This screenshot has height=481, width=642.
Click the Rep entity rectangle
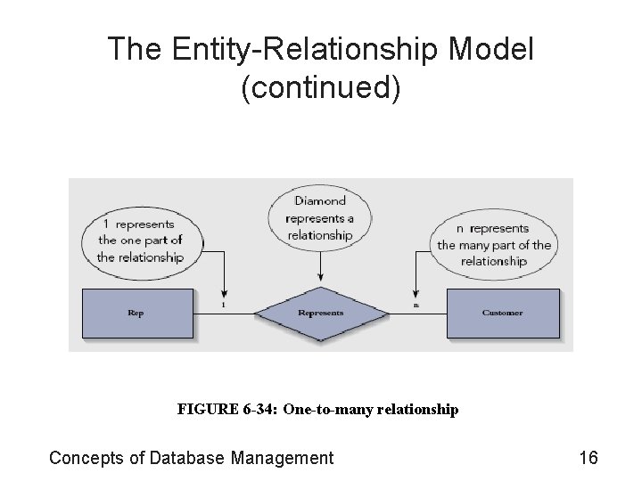(136, 313)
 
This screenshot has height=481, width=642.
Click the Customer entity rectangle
(503, 313)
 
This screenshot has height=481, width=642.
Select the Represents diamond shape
(320, 314)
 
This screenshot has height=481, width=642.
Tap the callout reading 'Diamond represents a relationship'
(319, 218)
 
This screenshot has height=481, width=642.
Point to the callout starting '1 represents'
(140, 240)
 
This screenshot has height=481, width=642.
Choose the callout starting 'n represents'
(494, 244)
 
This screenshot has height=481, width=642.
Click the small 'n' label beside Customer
(416, 306)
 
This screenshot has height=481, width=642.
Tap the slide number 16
(588, 458)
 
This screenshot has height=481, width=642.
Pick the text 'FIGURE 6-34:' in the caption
(228, 410)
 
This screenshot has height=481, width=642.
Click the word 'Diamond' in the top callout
(319, 201)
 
